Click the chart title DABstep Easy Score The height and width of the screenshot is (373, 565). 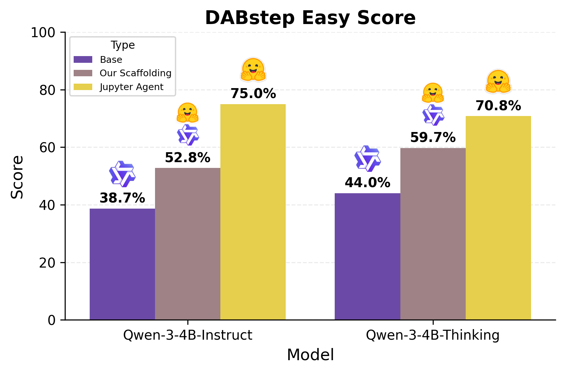[310, 18]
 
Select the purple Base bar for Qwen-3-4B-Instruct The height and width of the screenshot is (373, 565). [122, 264]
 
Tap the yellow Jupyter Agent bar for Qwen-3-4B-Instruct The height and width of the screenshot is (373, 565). [253, 212]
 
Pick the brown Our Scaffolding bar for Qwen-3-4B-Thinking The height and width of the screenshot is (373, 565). [433, 234]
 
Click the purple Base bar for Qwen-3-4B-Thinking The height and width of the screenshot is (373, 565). [367, 256]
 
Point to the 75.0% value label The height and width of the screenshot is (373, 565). [253, 94]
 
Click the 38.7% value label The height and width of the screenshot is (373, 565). [122, 198]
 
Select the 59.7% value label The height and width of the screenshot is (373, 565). [433, 137]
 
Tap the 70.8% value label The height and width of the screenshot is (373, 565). [498, 106]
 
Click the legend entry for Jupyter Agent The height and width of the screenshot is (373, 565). [131, 87]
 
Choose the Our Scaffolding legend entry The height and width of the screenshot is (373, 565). [135, 73]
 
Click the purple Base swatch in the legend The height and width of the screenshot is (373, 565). [83, 60]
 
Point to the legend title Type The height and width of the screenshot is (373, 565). [123, 45]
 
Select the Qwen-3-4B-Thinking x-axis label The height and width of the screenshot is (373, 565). [432, 335]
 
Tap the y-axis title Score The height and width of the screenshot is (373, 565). [17, 177]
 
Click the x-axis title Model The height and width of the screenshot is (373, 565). [310, 355]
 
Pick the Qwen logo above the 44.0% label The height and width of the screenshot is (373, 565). [367, 158]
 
